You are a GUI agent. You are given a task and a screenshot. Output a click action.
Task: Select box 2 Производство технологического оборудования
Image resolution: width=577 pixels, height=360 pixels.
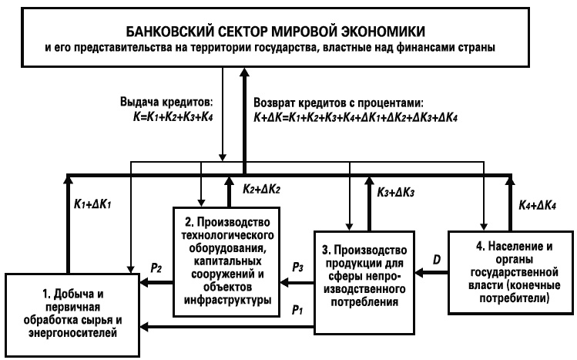coord(223,262)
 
